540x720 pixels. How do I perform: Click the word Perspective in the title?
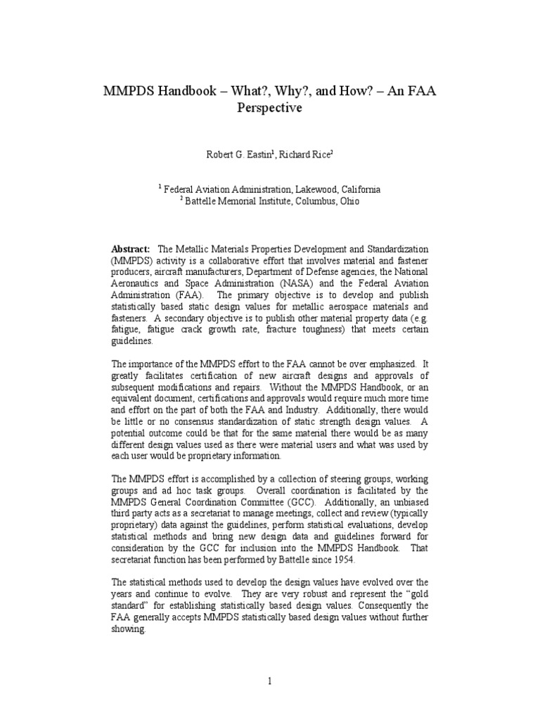click(x=269, y=108)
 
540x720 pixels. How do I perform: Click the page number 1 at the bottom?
click(x=269, y=681)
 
